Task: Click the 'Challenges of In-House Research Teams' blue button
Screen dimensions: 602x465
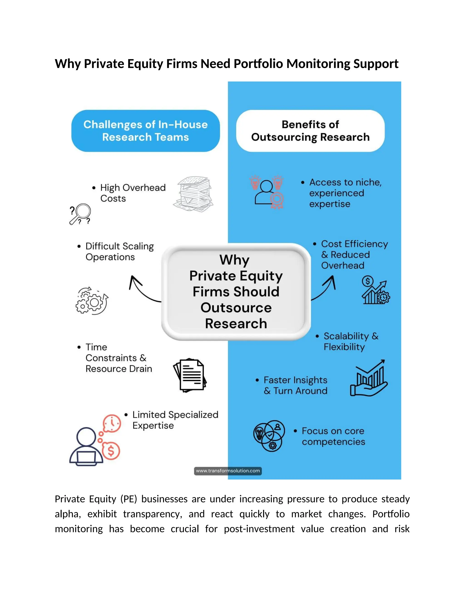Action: point(146,131)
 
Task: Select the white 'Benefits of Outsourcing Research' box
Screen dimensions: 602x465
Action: point(310,131)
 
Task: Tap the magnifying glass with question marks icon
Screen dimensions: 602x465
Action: point(80,214)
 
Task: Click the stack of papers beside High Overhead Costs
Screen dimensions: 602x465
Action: point(194,194)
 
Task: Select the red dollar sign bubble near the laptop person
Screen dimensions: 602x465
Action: point(111,451)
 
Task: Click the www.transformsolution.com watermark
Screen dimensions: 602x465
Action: point(228,471)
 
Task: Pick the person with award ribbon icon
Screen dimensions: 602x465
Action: point(267,192)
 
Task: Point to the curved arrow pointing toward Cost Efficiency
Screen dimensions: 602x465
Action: point(325,288)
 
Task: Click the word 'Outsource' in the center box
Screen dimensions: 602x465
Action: point(236,308)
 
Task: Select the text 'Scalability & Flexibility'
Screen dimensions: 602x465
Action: point(351,341)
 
